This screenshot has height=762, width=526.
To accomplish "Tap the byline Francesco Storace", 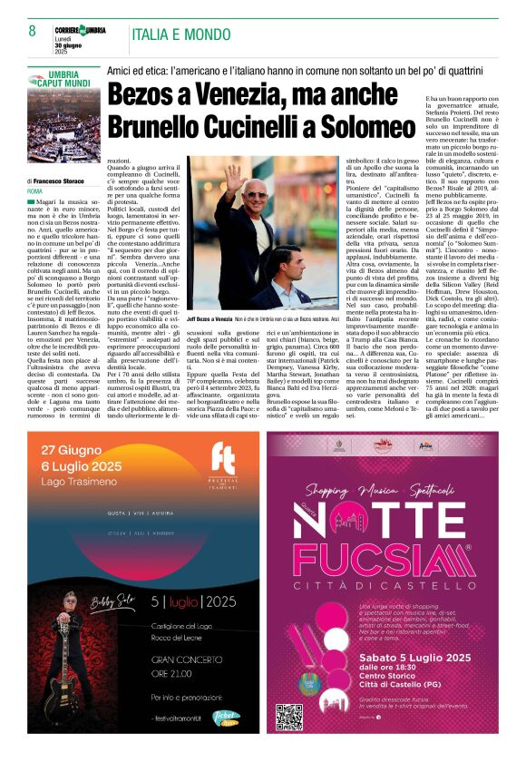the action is (x=66, y=182).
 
